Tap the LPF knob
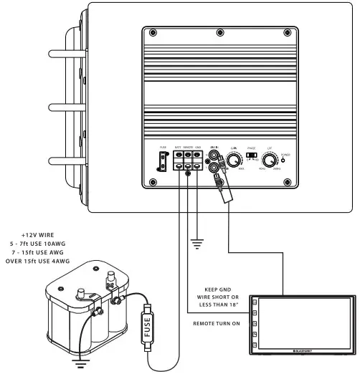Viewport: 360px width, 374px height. coord(270,160)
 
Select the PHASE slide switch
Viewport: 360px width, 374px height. coord(251,154)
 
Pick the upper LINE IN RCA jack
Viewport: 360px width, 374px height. coord(214,153)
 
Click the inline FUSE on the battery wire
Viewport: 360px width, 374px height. coord(148,328)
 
